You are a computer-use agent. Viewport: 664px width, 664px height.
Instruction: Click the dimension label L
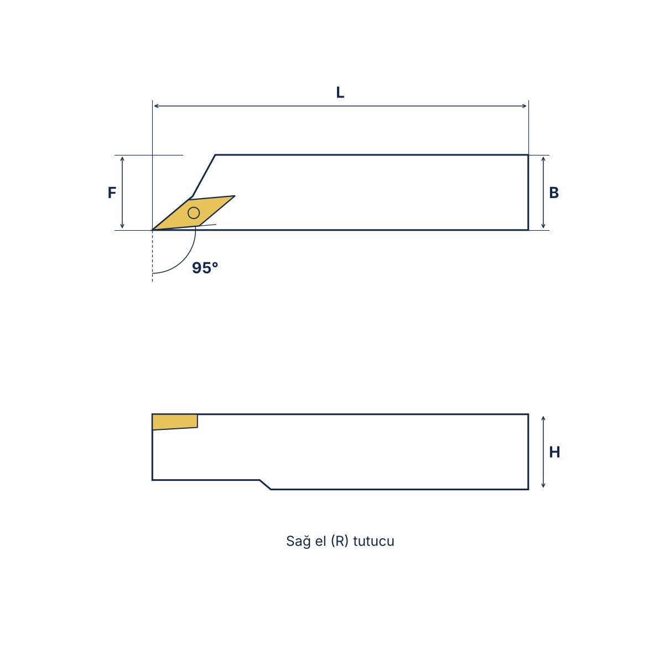(x=340, y=92)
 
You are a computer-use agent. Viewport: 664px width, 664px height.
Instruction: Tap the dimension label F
(x=112, y=192)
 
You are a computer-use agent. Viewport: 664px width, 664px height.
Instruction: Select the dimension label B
(x=554, y=193)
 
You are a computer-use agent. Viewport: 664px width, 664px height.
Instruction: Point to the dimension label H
(x=554, y=452)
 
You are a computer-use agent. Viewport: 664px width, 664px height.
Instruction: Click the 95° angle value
(x=205, y=268)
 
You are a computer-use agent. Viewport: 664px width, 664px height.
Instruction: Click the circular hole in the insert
(x=194, y=213)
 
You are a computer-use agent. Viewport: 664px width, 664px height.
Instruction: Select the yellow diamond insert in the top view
(x=194, y=212)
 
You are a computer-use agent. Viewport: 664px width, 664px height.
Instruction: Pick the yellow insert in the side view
(x=175, y=422)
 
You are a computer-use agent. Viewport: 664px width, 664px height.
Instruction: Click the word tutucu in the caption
(x=373, y=541)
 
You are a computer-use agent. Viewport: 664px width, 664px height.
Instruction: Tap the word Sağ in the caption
(x=299, y=541)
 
